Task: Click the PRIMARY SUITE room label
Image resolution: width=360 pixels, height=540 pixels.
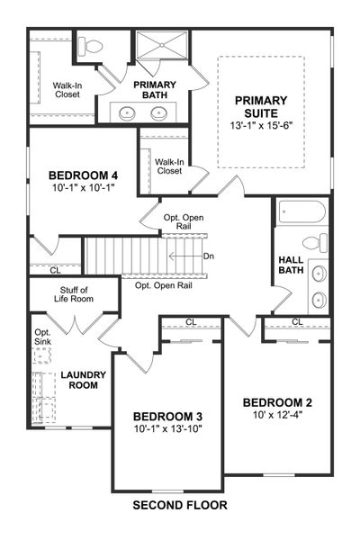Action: pos(261,107)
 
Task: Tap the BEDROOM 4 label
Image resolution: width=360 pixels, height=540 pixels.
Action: pos(84,175)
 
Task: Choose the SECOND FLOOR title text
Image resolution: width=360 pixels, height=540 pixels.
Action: pos(180,506)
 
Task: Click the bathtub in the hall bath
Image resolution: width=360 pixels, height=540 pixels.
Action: pos(301,214)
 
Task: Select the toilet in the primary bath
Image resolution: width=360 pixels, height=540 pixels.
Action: pos(91,46)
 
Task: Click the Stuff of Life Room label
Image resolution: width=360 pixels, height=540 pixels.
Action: pos(74,295)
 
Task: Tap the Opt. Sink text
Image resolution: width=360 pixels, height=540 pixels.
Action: pos(43,337)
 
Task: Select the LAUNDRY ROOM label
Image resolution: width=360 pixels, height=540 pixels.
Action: pos(84,380)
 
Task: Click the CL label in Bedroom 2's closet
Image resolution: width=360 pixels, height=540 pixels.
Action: pos(296,322)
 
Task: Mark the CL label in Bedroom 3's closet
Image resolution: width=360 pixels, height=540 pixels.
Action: pos(191,322)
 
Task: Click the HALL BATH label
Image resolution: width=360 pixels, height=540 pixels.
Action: pos(290,265)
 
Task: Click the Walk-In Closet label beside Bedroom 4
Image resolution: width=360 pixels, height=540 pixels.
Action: pos(168,166)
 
